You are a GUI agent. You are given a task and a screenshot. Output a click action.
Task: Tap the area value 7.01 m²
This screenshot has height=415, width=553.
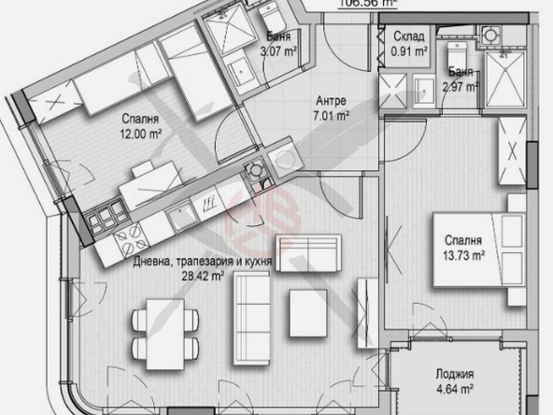(x=332, y=117)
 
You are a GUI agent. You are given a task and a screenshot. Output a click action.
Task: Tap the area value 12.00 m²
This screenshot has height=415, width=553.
(x=138, y=134)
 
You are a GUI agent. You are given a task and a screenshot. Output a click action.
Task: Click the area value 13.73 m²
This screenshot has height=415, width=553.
(x=463, y=252)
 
